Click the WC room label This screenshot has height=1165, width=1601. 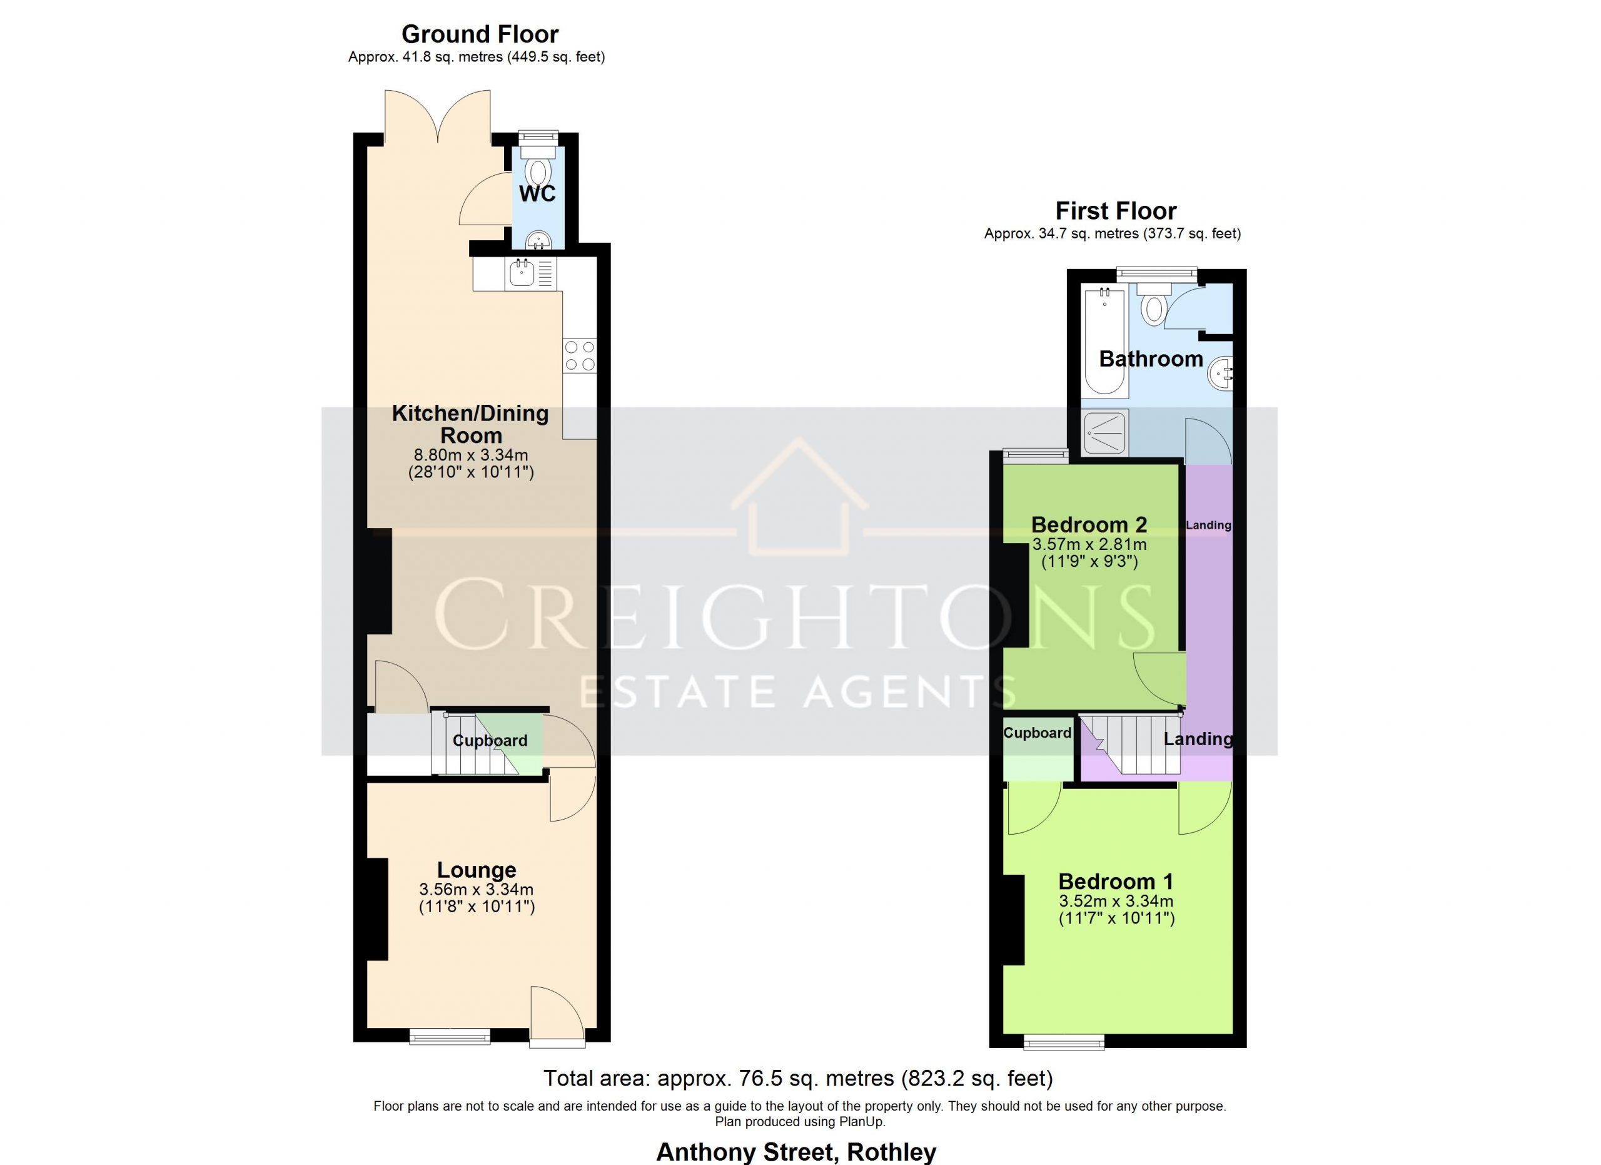click(x=537, y=193)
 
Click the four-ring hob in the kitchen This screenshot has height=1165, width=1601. click(x=580, y=356)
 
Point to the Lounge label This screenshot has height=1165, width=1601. click(x=477, y=869)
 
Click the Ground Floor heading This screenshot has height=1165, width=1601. click(x=480, y=34)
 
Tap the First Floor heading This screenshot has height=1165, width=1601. click(x=1115, y=210)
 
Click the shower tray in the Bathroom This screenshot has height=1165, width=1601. click(x=1106, y=432)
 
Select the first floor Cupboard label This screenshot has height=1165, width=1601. click(x=1037, y=733)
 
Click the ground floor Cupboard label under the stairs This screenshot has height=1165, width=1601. click(x=490, y=741)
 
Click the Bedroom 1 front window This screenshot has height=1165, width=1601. click(x=1064, y=1042)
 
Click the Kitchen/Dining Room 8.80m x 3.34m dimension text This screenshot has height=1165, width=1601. click(x=471, y=455)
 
